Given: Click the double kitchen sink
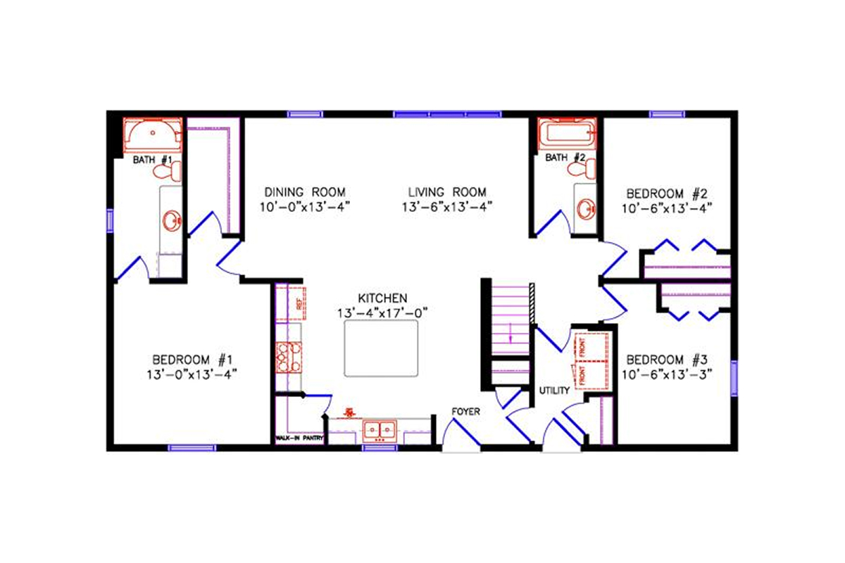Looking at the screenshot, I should [x=380, y=429].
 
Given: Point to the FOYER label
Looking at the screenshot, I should [x=466, y=411].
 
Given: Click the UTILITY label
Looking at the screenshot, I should [x=554, y=390].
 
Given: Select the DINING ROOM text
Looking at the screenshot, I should [x=306, y=191].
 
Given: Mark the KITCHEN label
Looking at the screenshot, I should [x=382, y=298].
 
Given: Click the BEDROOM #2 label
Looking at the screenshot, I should [x=666, y=192].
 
